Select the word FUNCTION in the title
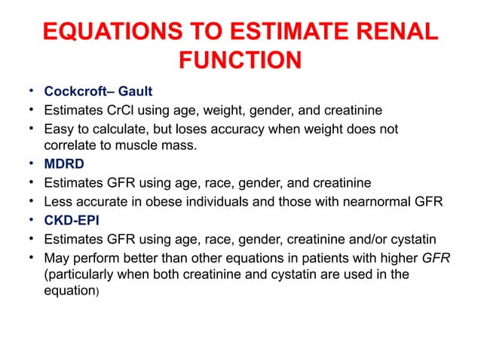[x=240, y=60]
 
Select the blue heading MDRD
[x=63, y=163]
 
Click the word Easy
[x=58, y=129]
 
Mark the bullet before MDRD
[x=31, y=163]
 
